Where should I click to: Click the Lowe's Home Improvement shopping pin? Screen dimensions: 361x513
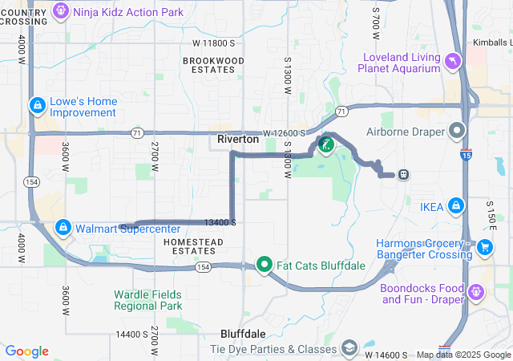[x=37, y=105]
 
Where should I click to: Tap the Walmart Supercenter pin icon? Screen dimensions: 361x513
[x=63, y=228]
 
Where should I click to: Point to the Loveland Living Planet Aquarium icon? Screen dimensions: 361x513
[x=453, y=62]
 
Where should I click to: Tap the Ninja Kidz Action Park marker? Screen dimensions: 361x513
[x=61, y=11]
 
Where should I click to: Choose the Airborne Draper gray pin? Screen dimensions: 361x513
[x=457, y=130]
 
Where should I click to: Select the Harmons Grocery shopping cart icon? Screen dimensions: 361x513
[x=484, y=249]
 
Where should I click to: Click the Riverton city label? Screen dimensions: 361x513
[x=238, y=140]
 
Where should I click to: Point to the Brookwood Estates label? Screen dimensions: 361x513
[x=213, y=65]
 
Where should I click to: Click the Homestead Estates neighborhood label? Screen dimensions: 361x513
[x=190, y=246]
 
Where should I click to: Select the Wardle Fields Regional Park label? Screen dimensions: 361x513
[x=147, y=300]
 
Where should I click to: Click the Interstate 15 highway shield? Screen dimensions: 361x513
[x=466, y=156]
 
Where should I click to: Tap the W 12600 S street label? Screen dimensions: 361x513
[x=284, y=133]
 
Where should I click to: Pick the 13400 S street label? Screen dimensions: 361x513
[x=220, y=222]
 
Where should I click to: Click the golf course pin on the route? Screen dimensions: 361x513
[x=325, y=145]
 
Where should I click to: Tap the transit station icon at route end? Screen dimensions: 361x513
[x=404, y=173]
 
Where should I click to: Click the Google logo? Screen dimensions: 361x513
[x=27, y=351]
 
